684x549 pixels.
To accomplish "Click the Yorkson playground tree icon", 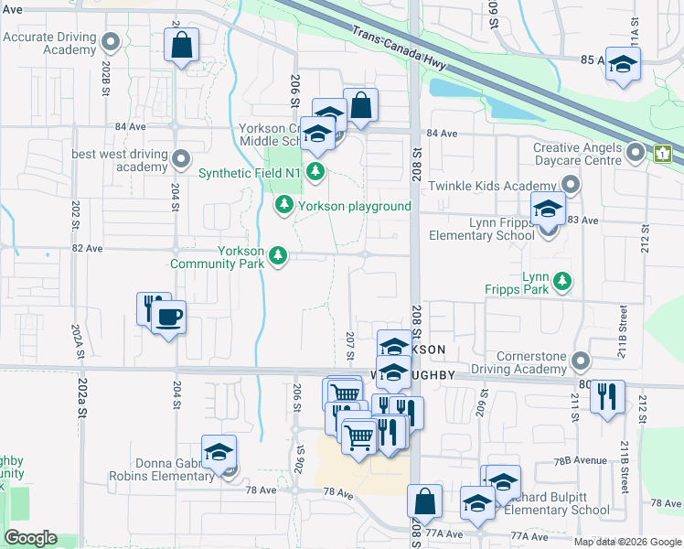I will point(284,205).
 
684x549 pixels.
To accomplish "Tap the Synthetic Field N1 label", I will point(251,171).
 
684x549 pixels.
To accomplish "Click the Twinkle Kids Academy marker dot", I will point(572,186).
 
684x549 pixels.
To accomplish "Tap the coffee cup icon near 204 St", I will point(167,318).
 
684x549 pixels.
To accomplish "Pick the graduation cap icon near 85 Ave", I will point(623,64).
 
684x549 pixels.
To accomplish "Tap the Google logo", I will point(29,538).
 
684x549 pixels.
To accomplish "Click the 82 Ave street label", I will point(87,248).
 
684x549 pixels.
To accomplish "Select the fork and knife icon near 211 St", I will point(606,397).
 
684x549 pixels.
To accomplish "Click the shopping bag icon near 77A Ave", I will point(424,501).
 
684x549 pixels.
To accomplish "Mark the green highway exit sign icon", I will point(663,154).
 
